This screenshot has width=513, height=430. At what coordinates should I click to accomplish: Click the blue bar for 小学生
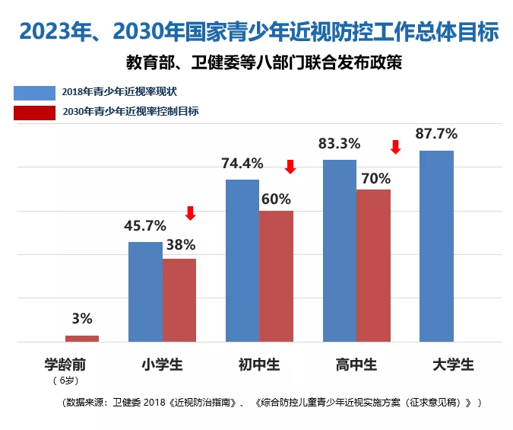click(144, 292)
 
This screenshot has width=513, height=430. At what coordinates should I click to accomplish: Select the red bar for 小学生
click(179, 301)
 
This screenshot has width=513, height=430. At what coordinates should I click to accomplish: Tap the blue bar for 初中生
click(242, 261)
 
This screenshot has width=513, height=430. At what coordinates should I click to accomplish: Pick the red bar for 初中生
click(276, 277)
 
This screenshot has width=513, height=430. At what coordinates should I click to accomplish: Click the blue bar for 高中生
click(340, 251)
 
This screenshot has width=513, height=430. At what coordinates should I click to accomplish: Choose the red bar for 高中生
click(373, 266)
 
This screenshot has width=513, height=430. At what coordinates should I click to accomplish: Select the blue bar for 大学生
click(436, 247)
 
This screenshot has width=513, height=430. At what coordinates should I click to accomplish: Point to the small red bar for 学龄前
click(82, 339)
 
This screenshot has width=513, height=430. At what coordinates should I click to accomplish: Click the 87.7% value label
click(436, 134)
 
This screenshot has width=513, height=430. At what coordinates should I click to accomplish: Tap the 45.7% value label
click(144, 225)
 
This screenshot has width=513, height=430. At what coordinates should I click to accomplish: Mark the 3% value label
click(82, 318)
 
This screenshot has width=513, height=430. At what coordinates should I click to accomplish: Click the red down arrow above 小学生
click(190, 213)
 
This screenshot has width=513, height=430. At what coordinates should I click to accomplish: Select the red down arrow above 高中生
click(394, 146)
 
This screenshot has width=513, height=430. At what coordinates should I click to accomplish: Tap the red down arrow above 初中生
click(290, 166)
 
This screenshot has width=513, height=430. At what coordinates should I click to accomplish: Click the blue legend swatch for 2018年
click(34, 93)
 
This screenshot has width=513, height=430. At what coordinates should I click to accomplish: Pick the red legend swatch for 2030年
click(34, 112)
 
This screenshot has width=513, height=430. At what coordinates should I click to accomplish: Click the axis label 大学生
click(453, 365)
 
